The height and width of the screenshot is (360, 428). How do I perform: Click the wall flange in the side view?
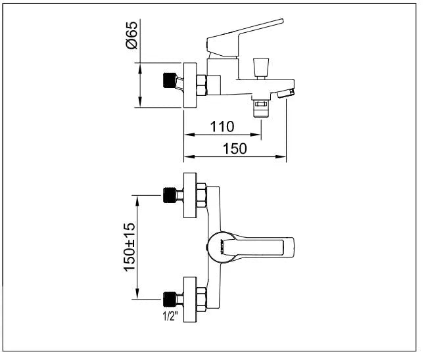coord(191,85)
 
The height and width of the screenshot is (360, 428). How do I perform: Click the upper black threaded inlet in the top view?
coord(172,195)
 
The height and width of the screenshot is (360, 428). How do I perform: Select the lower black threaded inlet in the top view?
coord(172,301)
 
